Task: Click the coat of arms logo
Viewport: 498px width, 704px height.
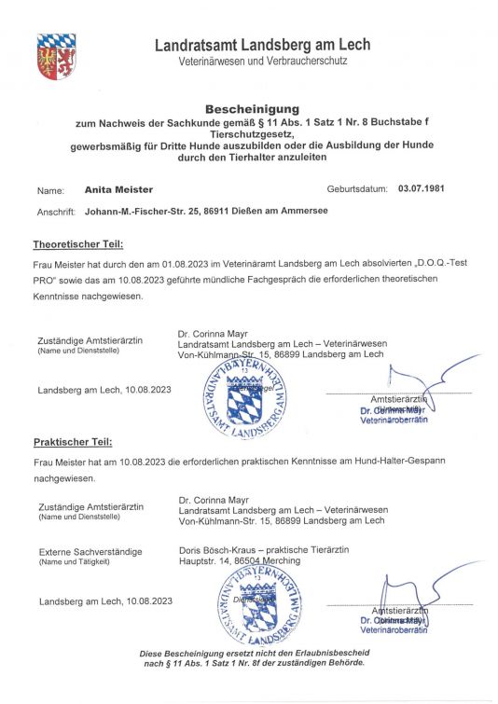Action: click(56, 56)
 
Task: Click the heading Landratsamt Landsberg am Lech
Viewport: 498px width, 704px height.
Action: click(262, 45)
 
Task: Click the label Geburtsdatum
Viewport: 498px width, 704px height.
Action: click(357, 188)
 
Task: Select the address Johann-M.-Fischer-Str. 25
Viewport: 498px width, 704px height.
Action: click(144, 212)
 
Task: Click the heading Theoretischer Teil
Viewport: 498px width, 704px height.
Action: click(78, 245)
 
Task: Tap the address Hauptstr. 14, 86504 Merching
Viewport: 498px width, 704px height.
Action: click(240, 560)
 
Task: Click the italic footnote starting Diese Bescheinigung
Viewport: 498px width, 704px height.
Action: click(252, 658)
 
